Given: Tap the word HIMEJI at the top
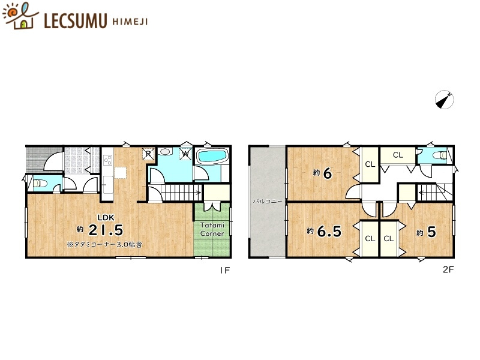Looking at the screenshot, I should (x=129, y=22).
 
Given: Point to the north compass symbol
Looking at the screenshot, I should (x=444, y=100).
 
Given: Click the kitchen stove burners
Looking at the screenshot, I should (x=109, y=160).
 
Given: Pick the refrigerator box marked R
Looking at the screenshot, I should (x=148, y=154).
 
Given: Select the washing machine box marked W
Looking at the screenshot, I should (x=185, y=154).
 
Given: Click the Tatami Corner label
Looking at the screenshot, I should (x=212, y=229).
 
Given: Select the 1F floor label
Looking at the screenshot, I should (x=224, y=270).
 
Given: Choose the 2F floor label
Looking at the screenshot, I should (x=448, y=270).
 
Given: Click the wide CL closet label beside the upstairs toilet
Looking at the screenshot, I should (x=398, y=155).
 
